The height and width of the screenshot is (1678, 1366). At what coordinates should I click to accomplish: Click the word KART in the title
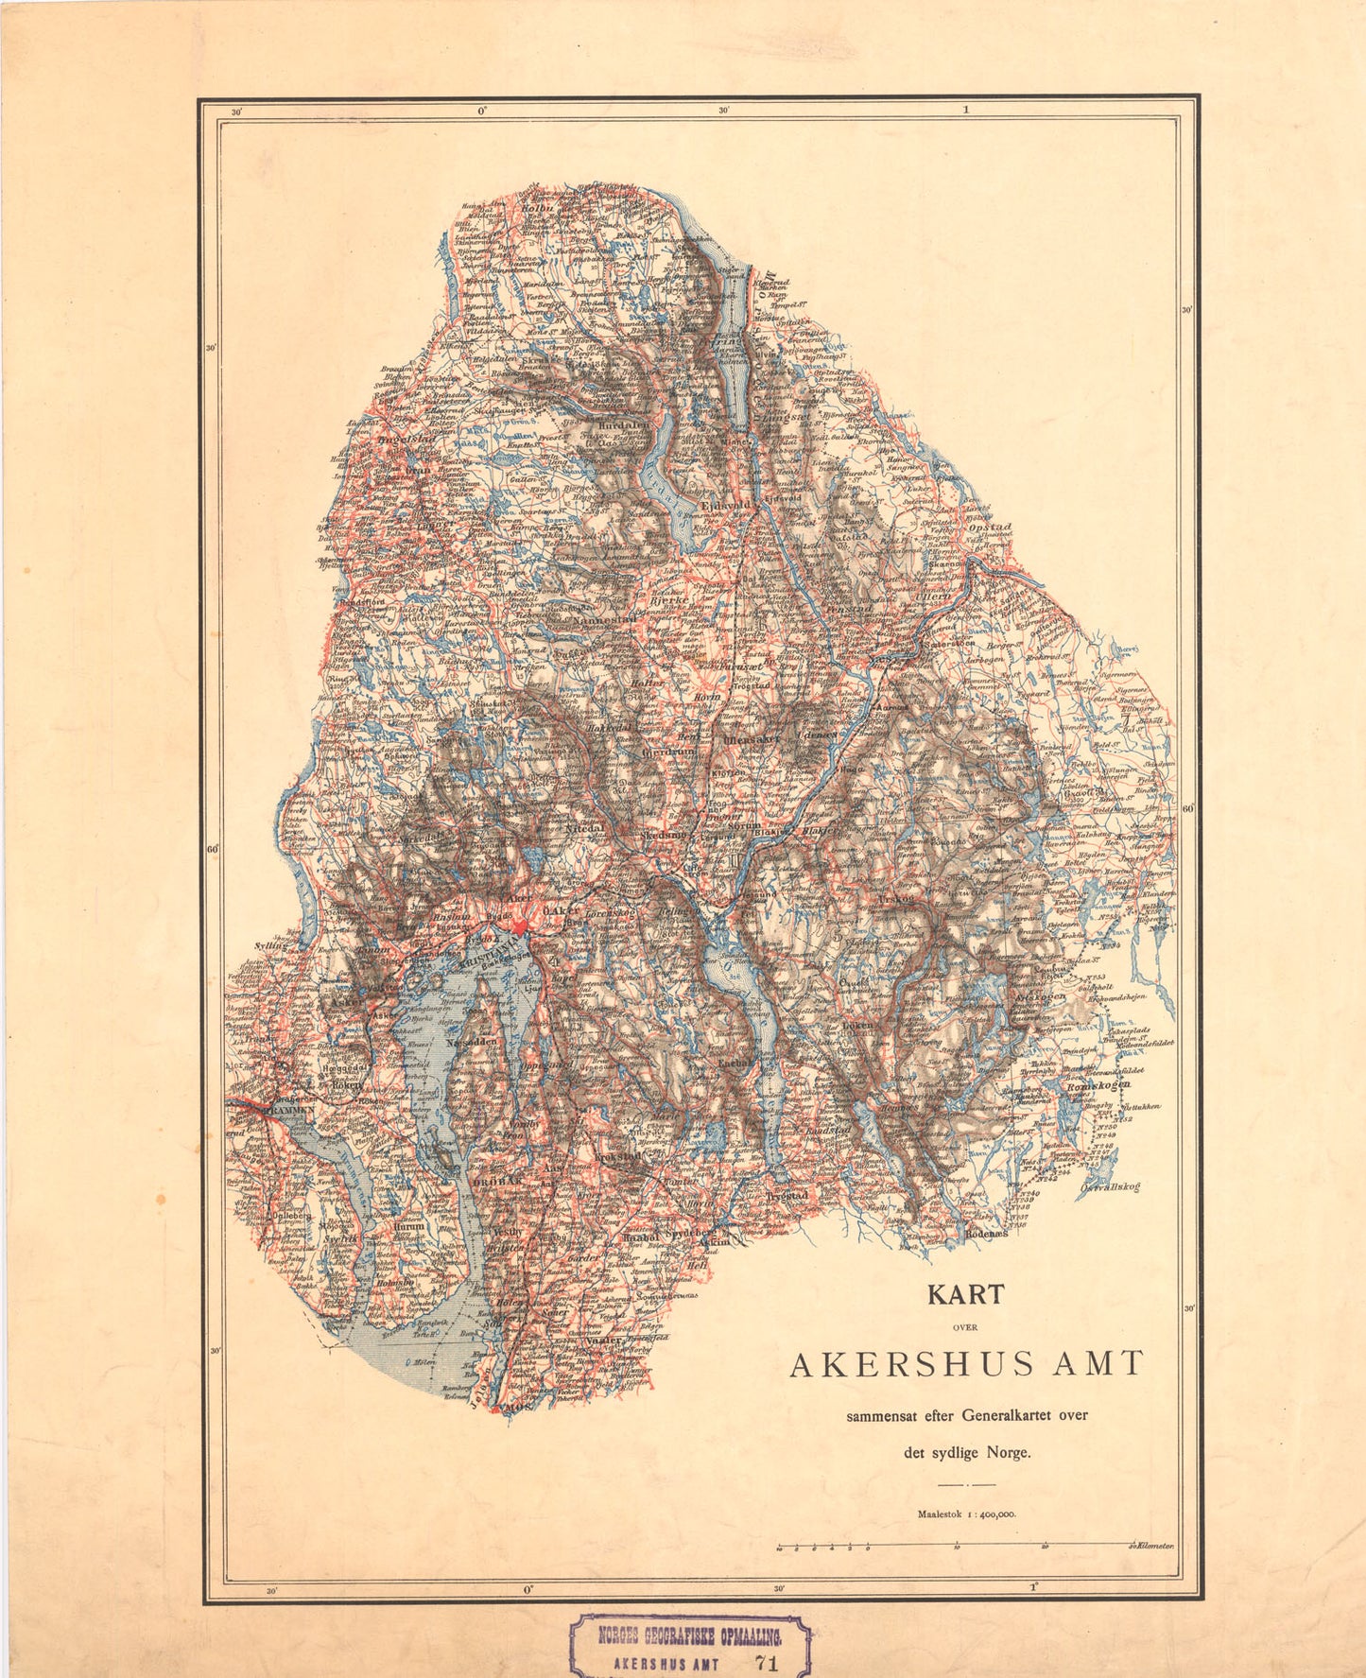tap(965, 1294)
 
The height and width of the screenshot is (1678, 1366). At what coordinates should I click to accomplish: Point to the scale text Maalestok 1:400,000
tap(965, 1514)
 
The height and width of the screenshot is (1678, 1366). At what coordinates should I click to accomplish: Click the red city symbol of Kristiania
tap(522, 917)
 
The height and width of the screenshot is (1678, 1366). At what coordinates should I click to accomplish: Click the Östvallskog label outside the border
tap(1110, 1187)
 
